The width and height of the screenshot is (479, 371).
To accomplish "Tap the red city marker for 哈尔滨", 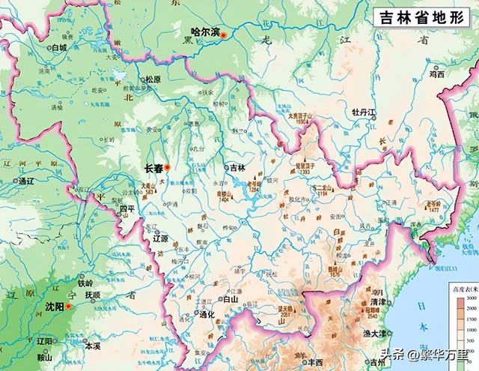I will pyautogui.click(x=222, y=35).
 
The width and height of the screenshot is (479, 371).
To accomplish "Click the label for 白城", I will pyautogui.click(x=58, y=47).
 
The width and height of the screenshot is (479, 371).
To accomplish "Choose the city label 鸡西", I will pyautogui.click(x=436, y=75).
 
